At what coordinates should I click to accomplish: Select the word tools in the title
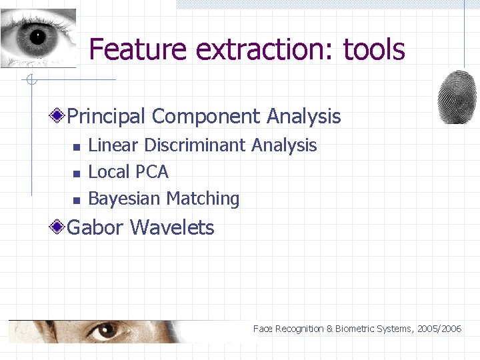(374, 49)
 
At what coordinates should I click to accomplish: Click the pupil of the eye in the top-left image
(36, 37)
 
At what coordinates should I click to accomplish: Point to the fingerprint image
(457, 97)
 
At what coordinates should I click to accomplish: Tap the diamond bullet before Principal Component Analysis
(59, 117)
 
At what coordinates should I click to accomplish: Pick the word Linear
(114, 145)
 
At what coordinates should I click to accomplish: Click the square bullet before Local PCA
(76, 173)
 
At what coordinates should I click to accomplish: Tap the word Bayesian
(124, 199)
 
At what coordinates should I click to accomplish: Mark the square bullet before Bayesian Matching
(76, 200)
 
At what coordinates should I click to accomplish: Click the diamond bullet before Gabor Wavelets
(59, 228)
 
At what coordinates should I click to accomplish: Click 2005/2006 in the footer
(442, 329)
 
